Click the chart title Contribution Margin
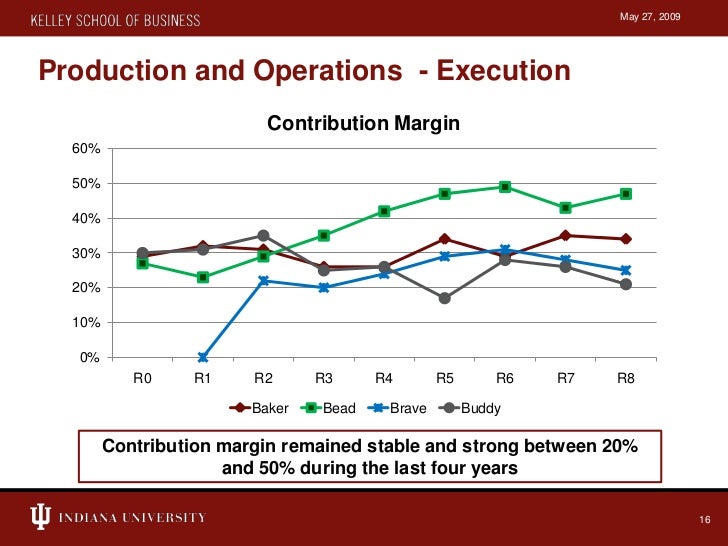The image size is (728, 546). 363,124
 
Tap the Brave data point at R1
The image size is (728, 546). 202,357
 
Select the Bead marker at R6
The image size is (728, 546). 505,187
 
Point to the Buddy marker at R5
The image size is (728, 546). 444,298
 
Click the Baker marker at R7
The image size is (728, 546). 565,236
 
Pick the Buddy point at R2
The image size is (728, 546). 263,236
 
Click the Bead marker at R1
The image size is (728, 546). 202,277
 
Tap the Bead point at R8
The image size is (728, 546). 626,194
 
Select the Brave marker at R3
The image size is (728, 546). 323,288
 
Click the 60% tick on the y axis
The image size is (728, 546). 85,149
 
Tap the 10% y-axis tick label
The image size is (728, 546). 85,323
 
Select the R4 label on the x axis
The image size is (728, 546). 384,379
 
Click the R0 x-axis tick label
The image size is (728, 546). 142,379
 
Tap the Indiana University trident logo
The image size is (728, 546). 40,517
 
